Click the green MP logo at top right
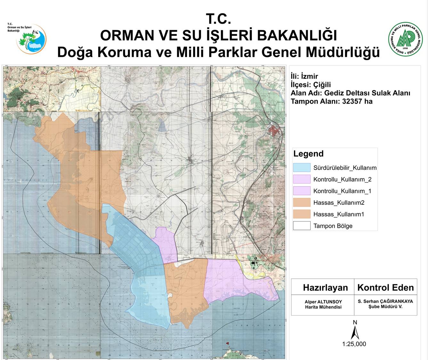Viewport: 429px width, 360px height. (405, 39)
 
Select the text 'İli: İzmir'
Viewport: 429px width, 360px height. (304, 76)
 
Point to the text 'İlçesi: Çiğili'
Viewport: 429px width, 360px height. (311, 84)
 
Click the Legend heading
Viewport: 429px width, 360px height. (308, 154)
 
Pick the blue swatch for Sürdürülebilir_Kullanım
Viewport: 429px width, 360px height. (302, 168)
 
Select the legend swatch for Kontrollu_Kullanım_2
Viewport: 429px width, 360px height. (302, 179)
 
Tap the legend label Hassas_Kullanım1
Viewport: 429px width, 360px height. (338, 214)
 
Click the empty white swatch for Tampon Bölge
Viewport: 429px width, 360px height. (302, 226)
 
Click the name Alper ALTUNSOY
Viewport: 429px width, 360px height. (323, 301)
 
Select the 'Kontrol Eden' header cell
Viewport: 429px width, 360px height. (385, 287)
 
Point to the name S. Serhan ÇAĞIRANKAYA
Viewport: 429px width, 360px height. (385, 301)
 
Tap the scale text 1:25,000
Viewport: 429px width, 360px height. (354, 344)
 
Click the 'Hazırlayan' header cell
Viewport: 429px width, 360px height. (325, 287)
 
